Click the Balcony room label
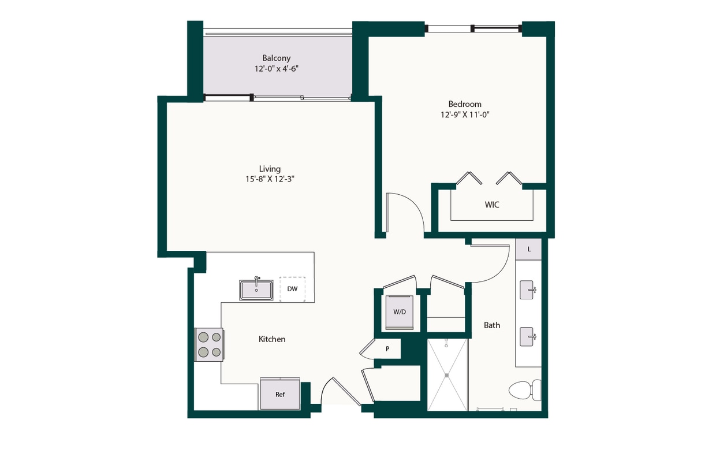tap(276, 58)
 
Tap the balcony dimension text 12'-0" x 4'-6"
tap(276, 69)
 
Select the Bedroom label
tap(465, 104)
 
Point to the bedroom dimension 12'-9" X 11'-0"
tap(465, 114)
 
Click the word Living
tap(270, 169)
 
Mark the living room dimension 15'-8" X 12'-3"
tap(270, 179)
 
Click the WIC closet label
tap(492, 205)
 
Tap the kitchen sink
tap(256, 289)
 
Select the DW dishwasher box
tap(292, 289)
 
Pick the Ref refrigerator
tap(280, 394)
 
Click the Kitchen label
tap(272, 339)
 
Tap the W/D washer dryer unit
tap(400, 312)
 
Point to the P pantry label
tap(388, 348)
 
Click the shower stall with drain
tap(447, 375)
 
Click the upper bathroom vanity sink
tap(527, 290)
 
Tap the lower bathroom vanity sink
tap(527, 336)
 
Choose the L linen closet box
tap(528, 249)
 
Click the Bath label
tap(492, 325)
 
